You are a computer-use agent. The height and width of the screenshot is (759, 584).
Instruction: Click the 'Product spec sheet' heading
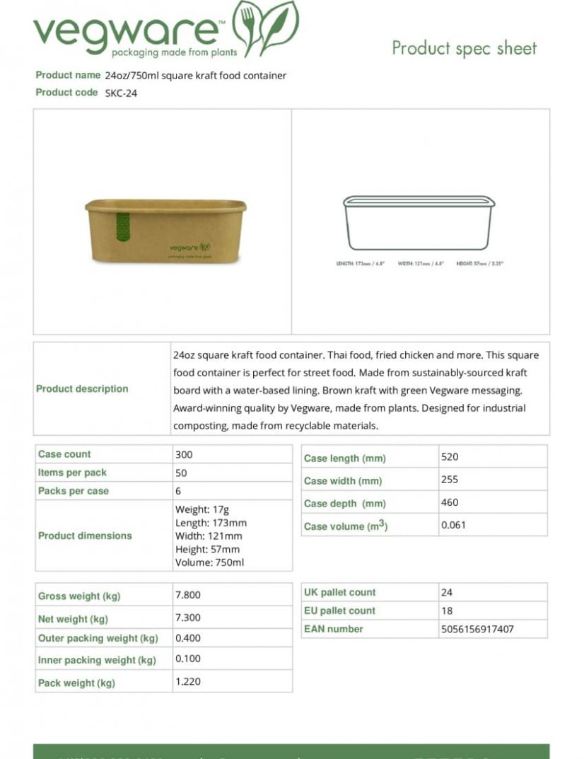tap(464, 48)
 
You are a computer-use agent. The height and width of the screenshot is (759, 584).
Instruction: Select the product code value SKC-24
tap(121, 93)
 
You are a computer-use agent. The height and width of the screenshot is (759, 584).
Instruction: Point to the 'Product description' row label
tap(83, 388)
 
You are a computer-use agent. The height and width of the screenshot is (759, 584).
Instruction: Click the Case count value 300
tap(183, 455)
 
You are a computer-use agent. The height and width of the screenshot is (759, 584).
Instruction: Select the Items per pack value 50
tap(181, 473)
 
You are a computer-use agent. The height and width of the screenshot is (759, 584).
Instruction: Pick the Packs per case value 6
tap(178, 491)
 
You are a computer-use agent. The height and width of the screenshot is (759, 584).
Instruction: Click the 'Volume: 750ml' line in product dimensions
tap(209, 562)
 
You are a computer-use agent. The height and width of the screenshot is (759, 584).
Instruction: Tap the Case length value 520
tap(450, 457)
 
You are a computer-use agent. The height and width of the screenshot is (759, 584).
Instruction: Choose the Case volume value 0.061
tap(453, 525)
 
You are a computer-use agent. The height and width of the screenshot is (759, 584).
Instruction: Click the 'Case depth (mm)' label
tap(345, 504)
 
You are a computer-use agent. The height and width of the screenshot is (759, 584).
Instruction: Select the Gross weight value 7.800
tap(187, 595)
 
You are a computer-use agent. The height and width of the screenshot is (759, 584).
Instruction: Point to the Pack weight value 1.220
tap(187, 682)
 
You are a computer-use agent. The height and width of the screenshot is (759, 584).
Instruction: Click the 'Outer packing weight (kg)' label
tap(98, 638)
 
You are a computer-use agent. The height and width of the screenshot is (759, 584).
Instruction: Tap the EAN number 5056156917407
tap(477, 629)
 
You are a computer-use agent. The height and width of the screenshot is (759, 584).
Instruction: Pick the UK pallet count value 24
tap(446, 592)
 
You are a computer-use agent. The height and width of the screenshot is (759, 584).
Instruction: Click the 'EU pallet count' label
tap(339, 610)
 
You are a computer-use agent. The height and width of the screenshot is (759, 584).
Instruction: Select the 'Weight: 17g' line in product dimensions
tap(202, 509)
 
